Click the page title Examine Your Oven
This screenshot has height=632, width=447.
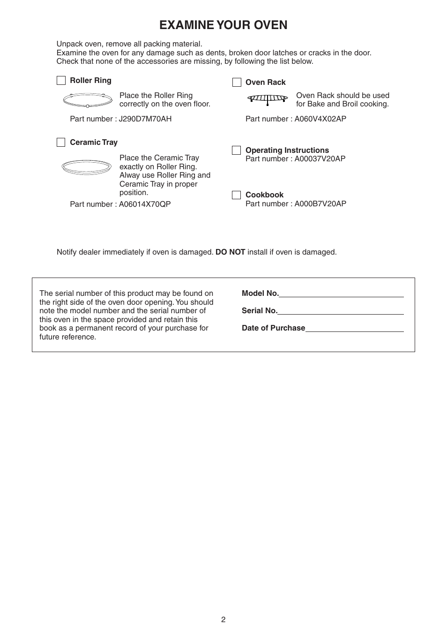(223, 25)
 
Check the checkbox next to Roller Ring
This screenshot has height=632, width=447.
(61, 81)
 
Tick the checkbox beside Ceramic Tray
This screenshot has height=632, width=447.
(61, 143)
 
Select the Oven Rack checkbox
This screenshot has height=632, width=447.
(237, 83)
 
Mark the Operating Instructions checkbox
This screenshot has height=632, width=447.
(237, 150)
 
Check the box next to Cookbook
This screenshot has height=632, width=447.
(237, 195)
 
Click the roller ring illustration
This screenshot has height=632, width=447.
(88, 99)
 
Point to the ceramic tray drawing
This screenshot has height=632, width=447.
(87, 167)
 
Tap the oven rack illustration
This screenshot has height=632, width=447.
(268, 98)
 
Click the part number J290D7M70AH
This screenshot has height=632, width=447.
(145, 119)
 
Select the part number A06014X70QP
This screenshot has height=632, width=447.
(144, 204)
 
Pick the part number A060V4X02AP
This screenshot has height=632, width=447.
(320, 119)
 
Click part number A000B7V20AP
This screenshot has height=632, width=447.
(320, 204)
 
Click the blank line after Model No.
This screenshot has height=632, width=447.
(341, 294)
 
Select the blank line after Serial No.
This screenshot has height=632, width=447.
(341, 311)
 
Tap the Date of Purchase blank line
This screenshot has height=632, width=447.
(354, 329)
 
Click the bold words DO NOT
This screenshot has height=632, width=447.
(230, 252)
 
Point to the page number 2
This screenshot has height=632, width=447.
(223, 620)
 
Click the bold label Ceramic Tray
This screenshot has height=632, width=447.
(94, 143)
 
